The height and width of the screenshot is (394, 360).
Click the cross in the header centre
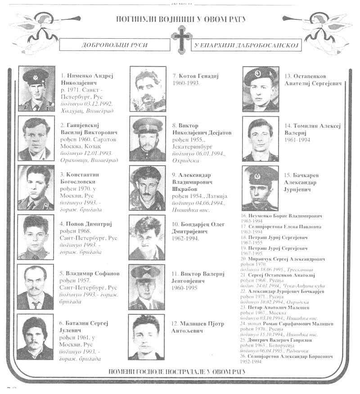point(181,39)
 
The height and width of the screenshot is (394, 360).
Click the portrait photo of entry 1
point(36,89)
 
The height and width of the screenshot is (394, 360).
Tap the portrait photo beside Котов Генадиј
point(148,89)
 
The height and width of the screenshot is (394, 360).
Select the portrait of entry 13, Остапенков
point(261,89)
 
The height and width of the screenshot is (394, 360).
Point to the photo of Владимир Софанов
point(36,287)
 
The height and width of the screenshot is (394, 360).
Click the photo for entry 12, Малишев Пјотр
point(146,337)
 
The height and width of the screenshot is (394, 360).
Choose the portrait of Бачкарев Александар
point(260,188)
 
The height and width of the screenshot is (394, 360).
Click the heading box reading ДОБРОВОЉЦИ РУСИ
point(115,45)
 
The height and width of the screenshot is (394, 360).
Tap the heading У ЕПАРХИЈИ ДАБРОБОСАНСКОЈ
point(247,46)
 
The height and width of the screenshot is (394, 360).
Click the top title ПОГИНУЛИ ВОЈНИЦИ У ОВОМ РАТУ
point(181,19)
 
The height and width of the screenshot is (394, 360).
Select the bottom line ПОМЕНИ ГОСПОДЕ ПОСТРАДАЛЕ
point(177,371)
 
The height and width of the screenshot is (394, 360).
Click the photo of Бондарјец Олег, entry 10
point(147,237)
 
